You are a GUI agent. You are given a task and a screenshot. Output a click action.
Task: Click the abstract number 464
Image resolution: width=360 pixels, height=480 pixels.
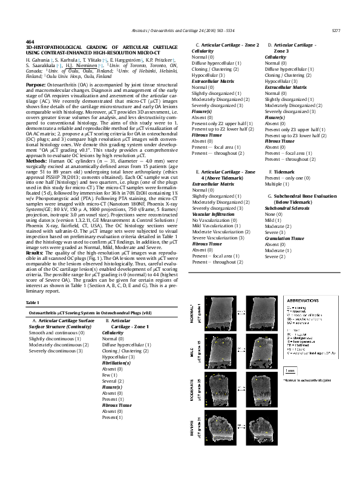point(30,41)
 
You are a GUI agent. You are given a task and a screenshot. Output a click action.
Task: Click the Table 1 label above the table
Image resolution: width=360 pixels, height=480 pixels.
point(33,302)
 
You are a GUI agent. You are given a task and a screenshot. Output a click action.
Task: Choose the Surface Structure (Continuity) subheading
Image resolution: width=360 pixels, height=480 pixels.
point(57,326)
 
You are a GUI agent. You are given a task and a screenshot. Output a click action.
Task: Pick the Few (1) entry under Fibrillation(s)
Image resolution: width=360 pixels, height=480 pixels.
point(110,374)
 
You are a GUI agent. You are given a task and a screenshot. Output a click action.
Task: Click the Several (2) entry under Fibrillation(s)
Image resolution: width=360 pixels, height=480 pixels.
point(113,380)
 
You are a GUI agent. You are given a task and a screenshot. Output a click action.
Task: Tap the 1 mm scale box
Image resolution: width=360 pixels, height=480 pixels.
point(291,371)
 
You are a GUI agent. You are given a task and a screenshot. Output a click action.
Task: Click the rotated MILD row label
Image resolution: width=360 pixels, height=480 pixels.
point(192,354)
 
